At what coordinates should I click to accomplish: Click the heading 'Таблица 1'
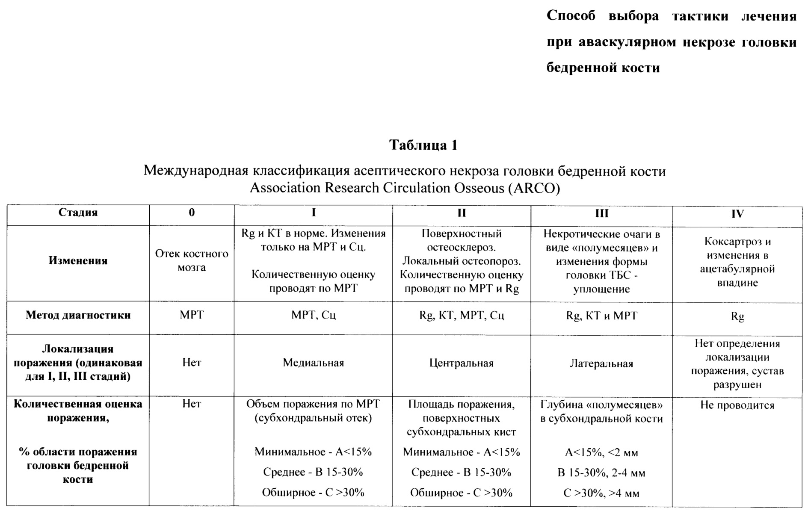pyautogui.click(x=423, y=145)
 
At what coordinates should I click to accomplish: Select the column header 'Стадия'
pyautogui.click(x=78, y=213)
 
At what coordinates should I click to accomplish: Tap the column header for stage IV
pyautogui.click(x=737, y=214)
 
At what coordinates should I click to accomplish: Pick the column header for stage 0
pyautogui.click(x=192, y=213)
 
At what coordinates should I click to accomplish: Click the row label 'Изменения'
pyautogui.click(x=78, y=260)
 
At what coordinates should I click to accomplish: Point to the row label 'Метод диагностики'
pyautogui.click(x=78, y=315)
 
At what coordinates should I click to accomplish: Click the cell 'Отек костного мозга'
pyautogui.click(x=192, y=260)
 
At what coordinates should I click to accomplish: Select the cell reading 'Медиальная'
pyautogui.click(x=313, y=363)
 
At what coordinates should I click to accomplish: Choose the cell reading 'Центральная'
pyautogui.click(x=461, y=363)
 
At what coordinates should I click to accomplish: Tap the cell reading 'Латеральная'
pyautogui.click(x=601, y=364)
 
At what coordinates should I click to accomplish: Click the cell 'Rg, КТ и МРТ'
pyautogui.click(x=601, y=316)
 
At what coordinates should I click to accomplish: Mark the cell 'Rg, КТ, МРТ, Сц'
pyautogui.click(x=462, y=316)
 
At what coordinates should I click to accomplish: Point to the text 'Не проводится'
pyautogui.click(x=737, y=405)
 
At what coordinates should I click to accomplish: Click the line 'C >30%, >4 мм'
pyautogui.click(x=601, y=493)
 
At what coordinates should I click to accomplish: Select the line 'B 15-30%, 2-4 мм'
pyautogui.click(x=601, y=473)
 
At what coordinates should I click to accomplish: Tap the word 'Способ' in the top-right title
pyautogui.click(x=571, y=16)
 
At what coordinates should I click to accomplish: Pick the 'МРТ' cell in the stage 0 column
pyautogui.click(x=192, y=315)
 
